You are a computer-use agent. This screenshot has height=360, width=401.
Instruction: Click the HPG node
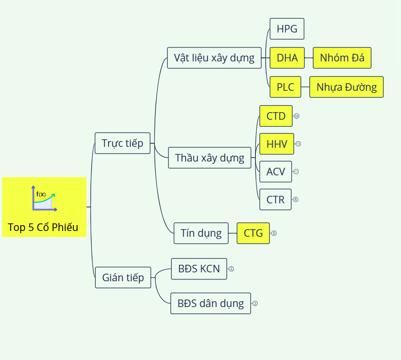click(x=287, y=29)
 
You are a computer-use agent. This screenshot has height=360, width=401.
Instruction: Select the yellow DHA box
click(x=287, y=58)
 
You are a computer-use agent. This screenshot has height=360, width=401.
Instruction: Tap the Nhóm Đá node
click(x=342, y=58)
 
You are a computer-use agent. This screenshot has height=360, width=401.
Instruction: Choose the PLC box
click(x=285, y=87)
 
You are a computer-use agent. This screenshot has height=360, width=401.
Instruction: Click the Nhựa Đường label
click(x=346, y=87)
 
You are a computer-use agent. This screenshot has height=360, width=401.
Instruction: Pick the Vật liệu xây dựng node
click(x=214, y=58)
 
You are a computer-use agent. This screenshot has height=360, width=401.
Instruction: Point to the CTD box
click(x=276, y=116)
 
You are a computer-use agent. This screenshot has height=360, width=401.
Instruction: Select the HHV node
click(x=277, y=144)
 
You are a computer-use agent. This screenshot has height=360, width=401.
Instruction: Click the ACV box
click(x=275, y=172)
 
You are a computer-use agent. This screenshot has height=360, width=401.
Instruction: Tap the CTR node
click(x=275, y=199)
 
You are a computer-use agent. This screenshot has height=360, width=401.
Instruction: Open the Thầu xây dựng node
click(x=210, y=158)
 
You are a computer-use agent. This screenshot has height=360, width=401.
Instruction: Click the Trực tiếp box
click(x=122, y=143)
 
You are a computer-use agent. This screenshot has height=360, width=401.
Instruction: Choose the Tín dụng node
click(x=201, y=233)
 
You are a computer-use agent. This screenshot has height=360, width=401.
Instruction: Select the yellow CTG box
click(x=253, y=233)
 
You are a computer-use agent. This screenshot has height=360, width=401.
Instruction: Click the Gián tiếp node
click(x=123, y=278)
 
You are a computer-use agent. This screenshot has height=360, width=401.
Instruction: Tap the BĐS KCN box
click(x=199, y=269)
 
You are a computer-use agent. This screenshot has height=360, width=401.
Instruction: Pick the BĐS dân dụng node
click(x=211, y=303)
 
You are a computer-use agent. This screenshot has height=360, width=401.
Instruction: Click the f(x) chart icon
click(x=44, y=198)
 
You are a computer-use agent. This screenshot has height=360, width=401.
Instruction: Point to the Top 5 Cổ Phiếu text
click(x=43, y=227)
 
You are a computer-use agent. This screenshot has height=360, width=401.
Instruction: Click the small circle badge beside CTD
click(x=297, y=116)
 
